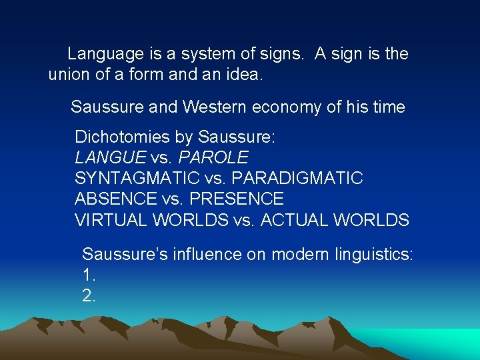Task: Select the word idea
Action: pyautogui.click(x=245, y=75)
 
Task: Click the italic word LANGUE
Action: pyautogui.click(x=111, y=158)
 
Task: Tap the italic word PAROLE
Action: pyautogui.click(x=213, y=158)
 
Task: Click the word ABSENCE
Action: pyautogui.click(x=115, y=199)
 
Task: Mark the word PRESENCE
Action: pyautogui.click(x=236, y=199)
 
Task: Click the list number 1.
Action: pyautogui.click(x=89, y=275)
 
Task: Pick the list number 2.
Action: pyautogui.click(x=89, y=295)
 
